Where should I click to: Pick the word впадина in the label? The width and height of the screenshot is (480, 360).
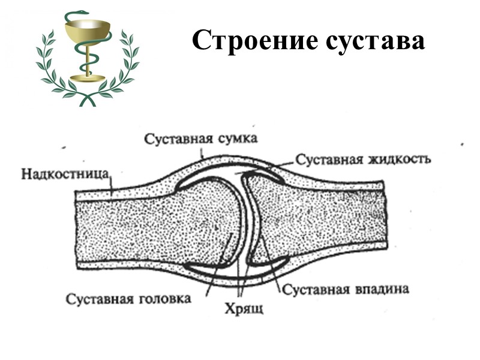click(381, 289)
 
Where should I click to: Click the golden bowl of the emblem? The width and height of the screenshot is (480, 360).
click(88, 30)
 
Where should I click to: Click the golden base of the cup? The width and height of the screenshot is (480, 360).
click(88, 79)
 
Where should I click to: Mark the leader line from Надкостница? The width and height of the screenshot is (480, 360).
click(111, 182)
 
